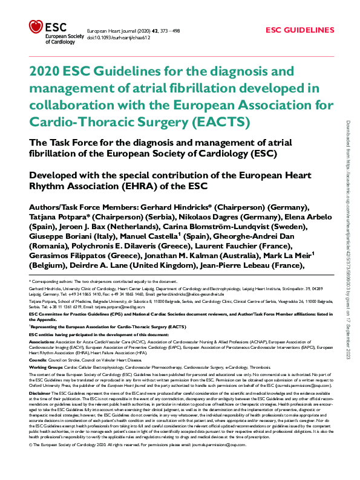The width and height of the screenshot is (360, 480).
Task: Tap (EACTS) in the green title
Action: tap(220, 122)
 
